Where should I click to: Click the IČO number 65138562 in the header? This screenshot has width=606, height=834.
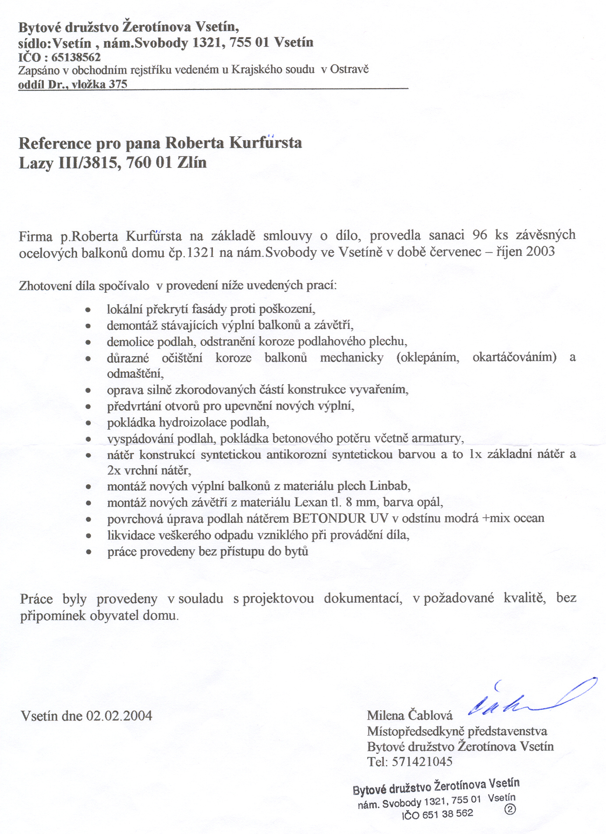click(76, 57)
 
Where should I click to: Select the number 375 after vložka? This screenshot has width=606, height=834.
click(118, 84)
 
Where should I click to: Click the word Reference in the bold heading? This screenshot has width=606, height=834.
click(55, 143)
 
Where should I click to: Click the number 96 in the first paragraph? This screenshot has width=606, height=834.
click(480, 235)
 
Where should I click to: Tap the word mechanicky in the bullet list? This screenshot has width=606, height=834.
click(351, 358)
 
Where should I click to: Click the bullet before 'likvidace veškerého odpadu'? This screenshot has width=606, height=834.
click(89, 536)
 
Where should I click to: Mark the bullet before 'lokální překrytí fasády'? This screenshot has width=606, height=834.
click(89, 310)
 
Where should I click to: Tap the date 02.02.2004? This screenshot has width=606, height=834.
click(119, 716)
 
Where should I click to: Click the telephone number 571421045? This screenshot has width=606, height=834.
click(422, 762)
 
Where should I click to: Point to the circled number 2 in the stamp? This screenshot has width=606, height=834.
click(510, 809)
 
